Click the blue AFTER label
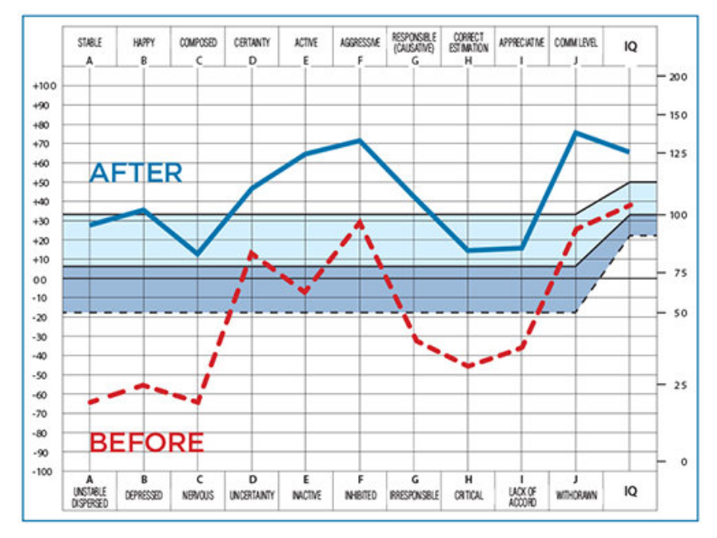click(x=136, y=173)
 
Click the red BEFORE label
click(x=146, y=442)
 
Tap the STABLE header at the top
click(x=90, y=42)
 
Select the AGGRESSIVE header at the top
click(x=359, y=42)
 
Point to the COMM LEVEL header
click(x=576, y=42)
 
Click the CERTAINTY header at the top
click(x=252, y=42)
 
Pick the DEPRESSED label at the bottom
click(x=144, y=496)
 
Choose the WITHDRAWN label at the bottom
click(x=576, y=496)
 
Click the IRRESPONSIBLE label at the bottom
click(x=413, y=496)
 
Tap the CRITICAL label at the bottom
click(x=468, y=496)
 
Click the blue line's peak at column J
click(x=576, y=132)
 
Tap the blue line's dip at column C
click(x=197, y=254)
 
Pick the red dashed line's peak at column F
click(x=360, y=221)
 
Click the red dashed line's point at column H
click(x=468, y=367)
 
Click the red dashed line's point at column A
click(x=90, y=402)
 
